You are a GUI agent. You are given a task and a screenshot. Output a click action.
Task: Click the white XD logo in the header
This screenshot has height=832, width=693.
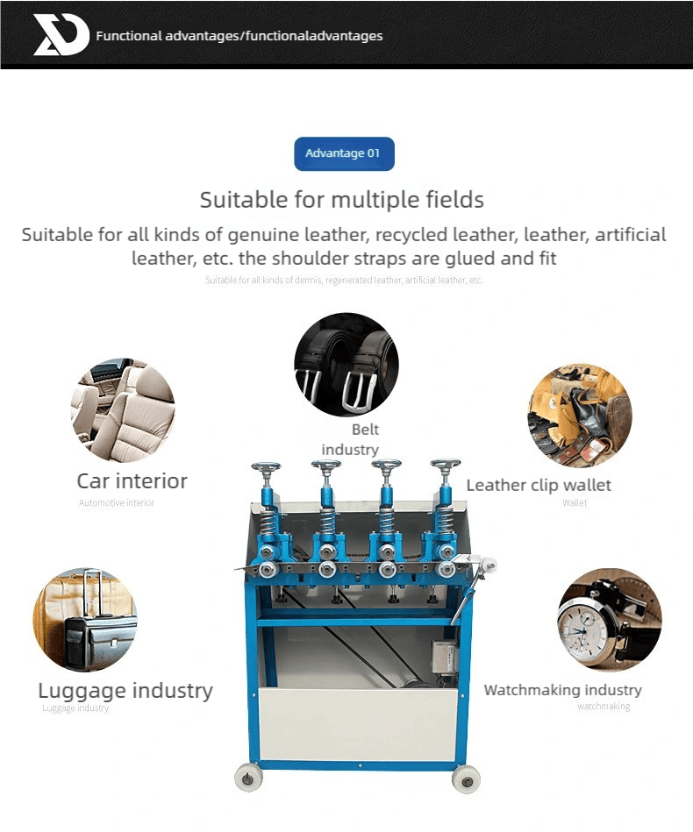61,35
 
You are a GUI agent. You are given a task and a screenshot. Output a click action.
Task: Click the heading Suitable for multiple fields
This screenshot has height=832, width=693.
342,200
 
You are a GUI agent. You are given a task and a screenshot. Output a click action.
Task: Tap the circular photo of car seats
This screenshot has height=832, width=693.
123,410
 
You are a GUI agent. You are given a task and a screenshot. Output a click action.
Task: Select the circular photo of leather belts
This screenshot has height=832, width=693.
346,364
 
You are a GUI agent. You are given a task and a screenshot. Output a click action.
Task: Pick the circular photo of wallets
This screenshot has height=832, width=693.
579,416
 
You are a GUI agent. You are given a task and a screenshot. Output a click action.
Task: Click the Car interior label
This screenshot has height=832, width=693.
132,481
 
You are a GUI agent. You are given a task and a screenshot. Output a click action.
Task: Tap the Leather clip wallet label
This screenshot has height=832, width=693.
539,486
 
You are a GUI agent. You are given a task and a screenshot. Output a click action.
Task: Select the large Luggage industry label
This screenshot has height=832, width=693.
125,691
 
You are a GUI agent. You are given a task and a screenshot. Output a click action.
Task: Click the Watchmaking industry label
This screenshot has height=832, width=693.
563,691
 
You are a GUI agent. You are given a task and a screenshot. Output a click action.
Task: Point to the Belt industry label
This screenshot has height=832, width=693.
351,440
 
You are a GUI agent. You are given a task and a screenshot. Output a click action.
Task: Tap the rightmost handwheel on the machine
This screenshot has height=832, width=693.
445,465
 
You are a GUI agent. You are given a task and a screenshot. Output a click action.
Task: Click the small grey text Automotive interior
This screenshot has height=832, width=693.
117,503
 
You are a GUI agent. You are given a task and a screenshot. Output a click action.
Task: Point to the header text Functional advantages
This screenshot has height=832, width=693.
239,36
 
